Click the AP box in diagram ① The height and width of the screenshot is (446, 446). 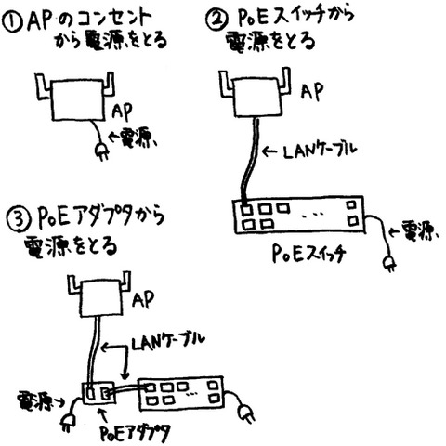pos(77,100)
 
